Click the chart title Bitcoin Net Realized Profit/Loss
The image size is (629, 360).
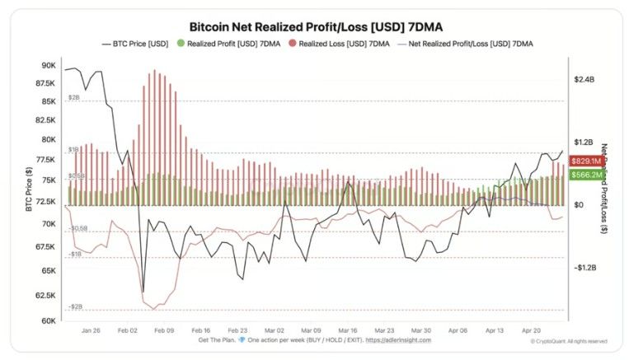point(316,26)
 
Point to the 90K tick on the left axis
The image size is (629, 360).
point(48,65)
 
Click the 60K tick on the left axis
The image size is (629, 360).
point(48,320)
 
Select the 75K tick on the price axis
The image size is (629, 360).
point(48,180)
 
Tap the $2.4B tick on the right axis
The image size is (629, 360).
point(584,79)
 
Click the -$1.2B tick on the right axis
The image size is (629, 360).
point(584,268)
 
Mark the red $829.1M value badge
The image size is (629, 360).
point(586,162)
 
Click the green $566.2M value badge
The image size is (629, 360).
point(586,175)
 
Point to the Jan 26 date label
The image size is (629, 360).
point(92,329)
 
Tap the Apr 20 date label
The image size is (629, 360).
point(531,329)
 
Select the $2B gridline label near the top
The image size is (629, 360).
point(73,97)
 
